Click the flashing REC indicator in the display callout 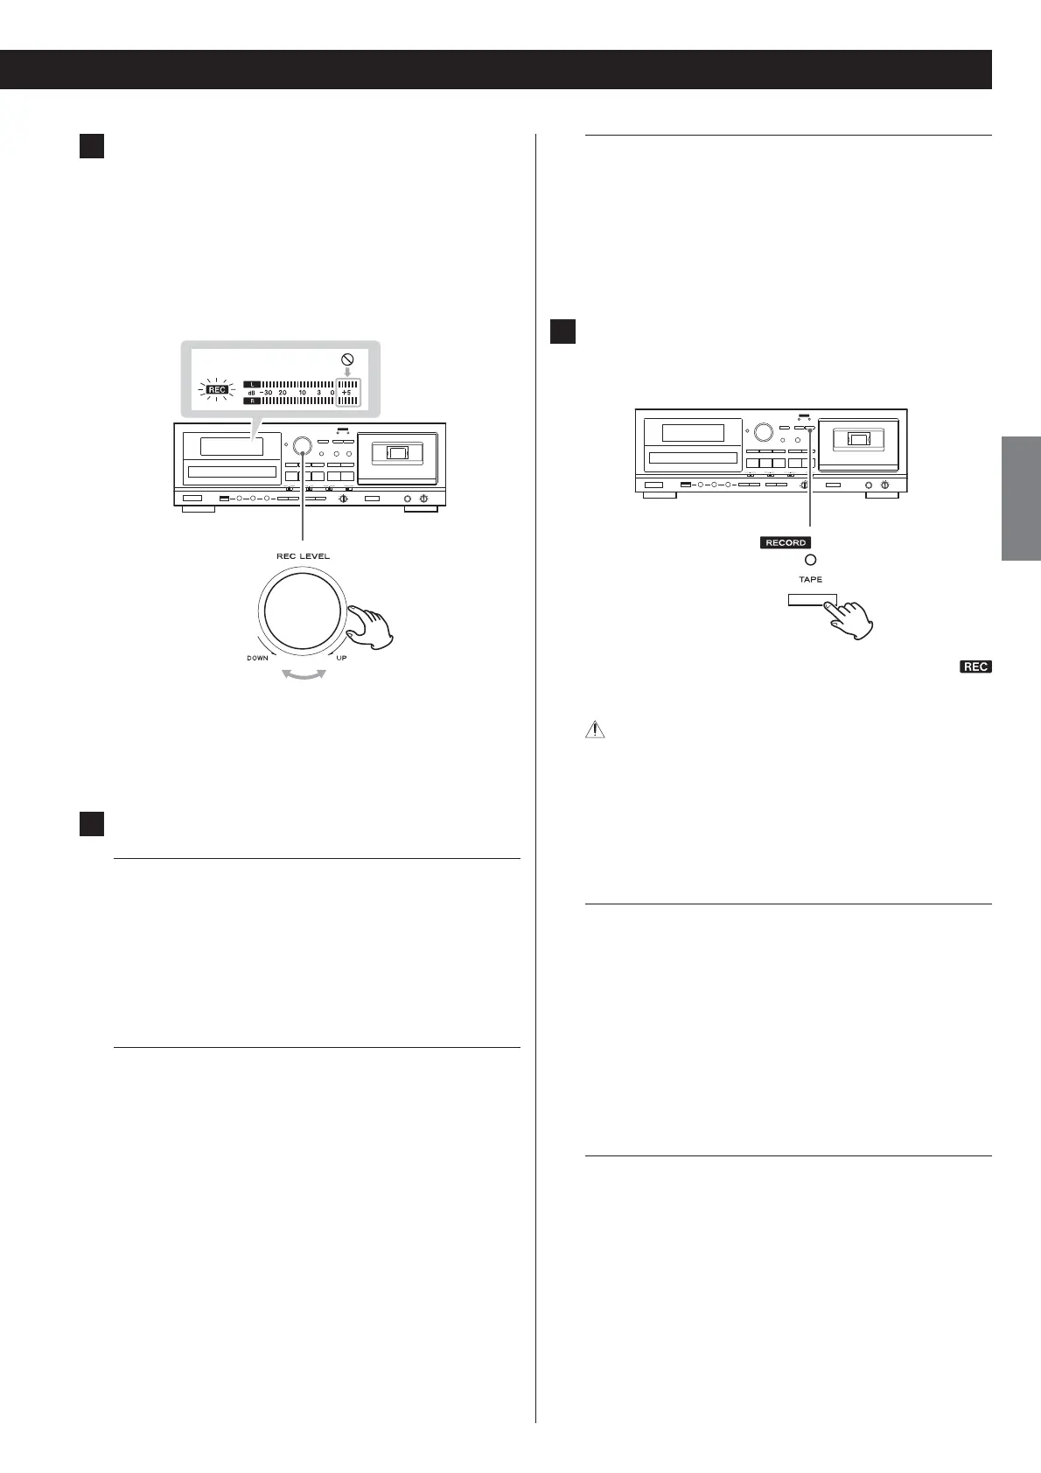coord(216,390)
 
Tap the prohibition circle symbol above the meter coord(347,360)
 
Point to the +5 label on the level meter coord(346,393)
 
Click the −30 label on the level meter coord(266,393)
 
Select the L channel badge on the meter coord(251,383)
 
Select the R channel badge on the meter coord(251,401)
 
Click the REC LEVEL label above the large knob coord(303,556)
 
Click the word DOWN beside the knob coord(257,658)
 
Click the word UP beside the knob coord(341,658)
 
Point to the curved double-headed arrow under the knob coord(302,674)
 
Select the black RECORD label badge coord(786,542)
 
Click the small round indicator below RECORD coord(810,561)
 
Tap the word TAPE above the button coord(810,579)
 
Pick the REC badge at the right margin coord(975,667)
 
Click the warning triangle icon coord(594,730)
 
